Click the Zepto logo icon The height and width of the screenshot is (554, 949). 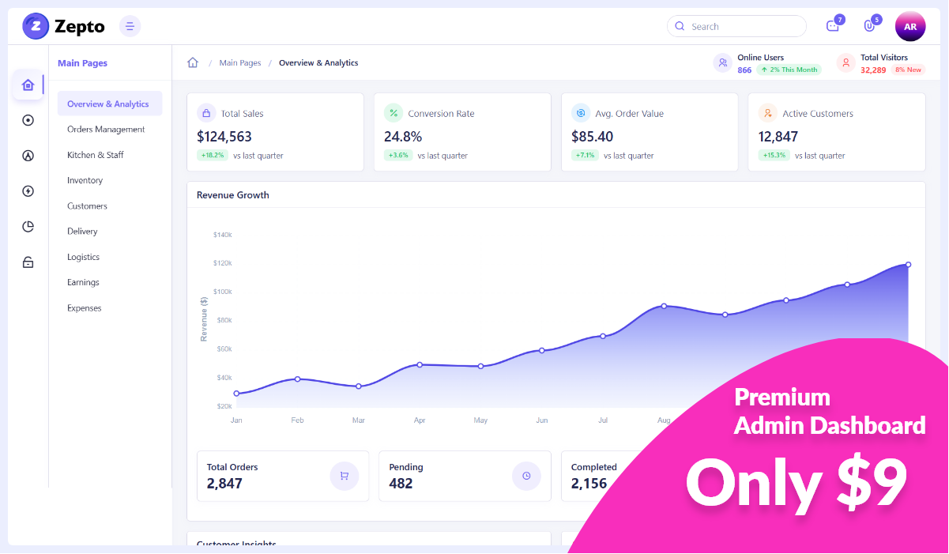click(x=36, y=26)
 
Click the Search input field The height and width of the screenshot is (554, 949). click(x=736, y=26)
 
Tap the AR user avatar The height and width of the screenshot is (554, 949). click(x=909, y=26)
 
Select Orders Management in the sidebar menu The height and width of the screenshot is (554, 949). click(x=106, y=130)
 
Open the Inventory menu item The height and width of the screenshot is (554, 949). click(x=85, y=181)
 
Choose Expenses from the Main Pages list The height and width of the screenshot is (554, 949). click(x=84, y=308)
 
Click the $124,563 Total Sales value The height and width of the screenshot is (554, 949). click(x=224, y=137)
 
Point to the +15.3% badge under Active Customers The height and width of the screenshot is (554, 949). click(x=774, y=156)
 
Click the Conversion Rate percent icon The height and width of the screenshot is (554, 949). click(x=393, y=113)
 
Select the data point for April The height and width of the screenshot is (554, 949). click(x=420, y=364)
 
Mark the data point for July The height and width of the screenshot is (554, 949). click(x=603, y=336)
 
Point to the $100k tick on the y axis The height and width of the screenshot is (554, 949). click(x=222, y=292)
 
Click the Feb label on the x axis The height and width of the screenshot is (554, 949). click(x=297, y=420)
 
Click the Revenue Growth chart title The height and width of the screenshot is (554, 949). click(x=233, y=195)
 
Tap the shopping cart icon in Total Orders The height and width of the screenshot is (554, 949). click(x=344, y=476)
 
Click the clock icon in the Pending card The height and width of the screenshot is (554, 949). click(x=526, y=476)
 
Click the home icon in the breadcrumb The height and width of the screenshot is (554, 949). click(x=193, y=63)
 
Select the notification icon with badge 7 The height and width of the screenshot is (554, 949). click(x=832, y=26)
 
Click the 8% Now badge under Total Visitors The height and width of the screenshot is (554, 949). click(x=908, y=70)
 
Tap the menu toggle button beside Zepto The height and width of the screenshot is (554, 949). click(x=130, y=26)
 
